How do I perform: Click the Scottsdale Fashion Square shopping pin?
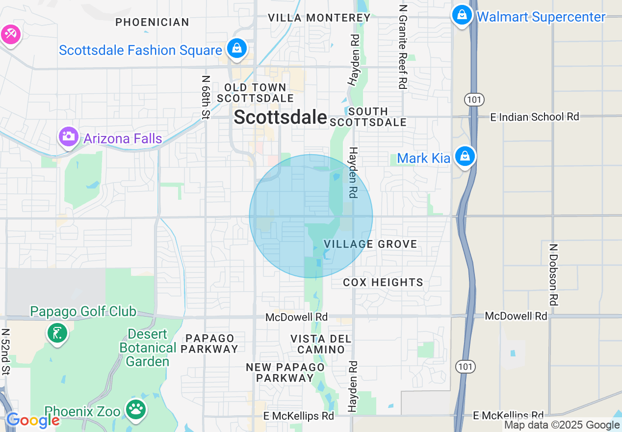click(237, 49)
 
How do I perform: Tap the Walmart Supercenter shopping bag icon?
click(462, 15)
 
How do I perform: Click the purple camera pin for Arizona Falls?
click(68, 136)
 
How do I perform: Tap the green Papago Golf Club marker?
click(57, 333)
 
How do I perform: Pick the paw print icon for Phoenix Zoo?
click(136, 409)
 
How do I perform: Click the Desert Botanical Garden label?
click(148, 348)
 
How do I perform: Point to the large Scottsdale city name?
click(280, 117)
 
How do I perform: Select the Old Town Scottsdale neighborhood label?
click(255, 93)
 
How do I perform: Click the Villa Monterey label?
click(319, 18)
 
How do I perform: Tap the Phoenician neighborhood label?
click(152, 22)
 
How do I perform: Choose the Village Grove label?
click(370, 244)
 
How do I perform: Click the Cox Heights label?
click(383, 282)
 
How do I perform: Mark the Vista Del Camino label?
click(321, 344)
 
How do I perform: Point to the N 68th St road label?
click(206, 96)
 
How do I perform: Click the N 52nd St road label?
click(6, 351)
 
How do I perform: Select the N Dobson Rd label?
click(554, 275)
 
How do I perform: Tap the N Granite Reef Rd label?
click(403, 47)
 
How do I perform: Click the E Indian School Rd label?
click(535, 117)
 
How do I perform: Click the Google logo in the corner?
click(32, 420)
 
